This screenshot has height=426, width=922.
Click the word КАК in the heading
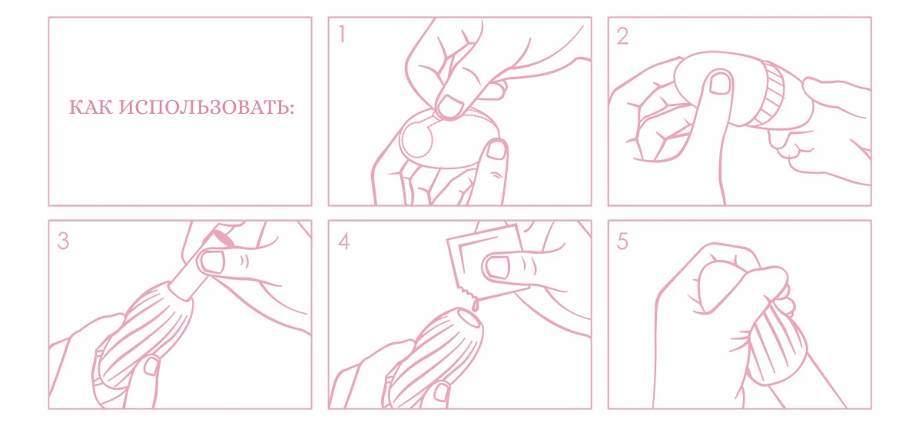coord(91,108)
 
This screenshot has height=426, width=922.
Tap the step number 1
coord(342,34)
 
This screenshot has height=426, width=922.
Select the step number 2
coord(622,36)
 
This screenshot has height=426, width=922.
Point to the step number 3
coord(63,241)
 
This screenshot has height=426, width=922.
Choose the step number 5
coord(622,241)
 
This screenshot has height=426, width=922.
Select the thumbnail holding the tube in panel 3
coord(212,262)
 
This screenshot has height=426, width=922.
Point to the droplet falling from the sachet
coord(476,306)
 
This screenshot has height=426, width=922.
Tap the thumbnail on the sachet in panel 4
coord(498,266)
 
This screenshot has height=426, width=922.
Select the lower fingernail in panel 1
coord(496,149)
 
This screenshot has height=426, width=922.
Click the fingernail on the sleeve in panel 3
coord(151,366)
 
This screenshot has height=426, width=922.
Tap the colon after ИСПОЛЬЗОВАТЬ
coord(292,108)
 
